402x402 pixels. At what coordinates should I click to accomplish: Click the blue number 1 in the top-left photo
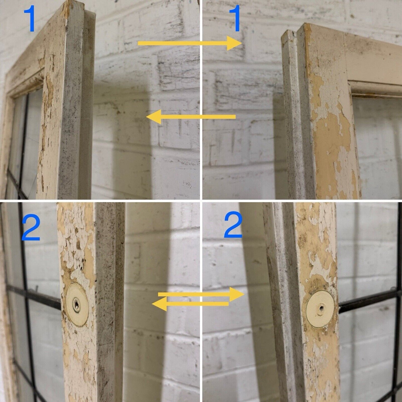[x=29, y=18]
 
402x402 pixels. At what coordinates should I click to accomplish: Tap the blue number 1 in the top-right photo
[x=235, y=18]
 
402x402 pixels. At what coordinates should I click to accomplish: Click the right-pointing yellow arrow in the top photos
[x=190, y=43]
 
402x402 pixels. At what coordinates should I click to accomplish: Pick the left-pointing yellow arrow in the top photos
[x=191, y=117]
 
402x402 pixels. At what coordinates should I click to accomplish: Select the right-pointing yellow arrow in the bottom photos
[x=201, y=294]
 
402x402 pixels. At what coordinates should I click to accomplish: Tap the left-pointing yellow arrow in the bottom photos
[x=190, y=304]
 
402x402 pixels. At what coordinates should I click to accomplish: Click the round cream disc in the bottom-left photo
[x=77, y=304]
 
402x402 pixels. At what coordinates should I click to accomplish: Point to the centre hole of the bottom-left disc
[x=77, y=306]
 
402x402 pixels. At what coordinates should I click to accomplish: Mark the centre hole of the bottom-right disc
[x=322, y=308]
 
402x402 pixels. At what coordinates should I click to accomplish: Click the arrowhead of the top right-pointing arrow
[x=235, y=43]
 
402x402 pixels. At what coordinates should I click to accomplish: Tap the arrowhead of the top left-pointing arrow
[x=154, y=117]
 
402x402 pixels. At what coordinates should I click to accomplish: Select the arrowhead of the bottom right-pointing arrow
[x=237, y=294]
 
